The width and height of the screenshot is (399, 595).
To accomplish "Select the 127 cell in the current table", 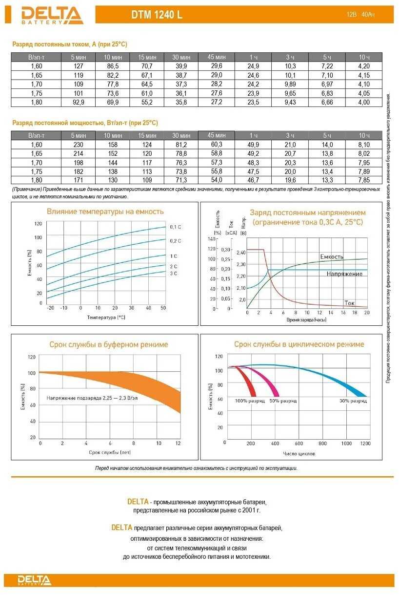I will pyautogui.click(x=79, y=66).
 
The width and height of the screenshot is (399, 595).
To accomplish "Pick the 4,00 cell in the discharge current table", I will pyautogui.click(x=364, y=103).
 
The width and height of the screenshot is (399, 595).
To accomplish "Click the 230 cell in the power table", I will pyautogui.click(x=79, y=145).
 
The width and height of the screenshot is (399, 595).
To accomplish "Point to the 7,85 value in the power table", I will pyautogui.click(x=364, y=181).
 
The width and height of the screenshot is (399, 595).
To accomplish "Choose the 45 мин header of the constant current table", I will pyautogui.click(x=217, y=57).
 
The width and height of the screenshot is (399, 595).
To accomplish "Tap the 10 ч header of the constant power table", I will pyautogui.click(x=364, y=135).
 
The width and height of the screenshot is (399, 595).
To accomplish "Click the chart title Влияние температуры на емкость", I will pyautogui.click(x=105, y=212).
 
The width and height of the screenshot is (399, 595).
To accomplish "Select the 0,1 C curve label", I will pyautogui.click(x=176, y=227).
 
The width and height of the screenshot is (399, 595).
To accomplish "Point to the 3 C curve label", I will pyautogui.click(x=174, y=274).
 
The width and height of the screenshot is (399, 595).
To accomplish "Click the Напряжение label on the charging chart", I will pyautogui.click(x=344, y=274).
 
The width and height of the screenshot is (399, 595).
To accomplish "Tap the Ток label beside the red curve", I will pyautogui.click(x=349, y=303).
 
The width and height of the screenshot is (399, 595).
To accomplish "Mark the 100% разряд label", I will pyautogui.click(x=250, y=401).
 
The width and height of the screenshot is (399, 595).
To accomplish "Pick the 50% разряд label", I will pyautogui.click(x=282, y=401).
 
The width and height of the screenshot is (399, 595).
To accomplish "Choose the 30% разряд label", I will pyautogui.click(x=353, y=401).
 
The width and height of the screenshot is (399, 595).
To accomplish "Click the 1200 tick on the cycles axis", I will pyautogui.click(x=364, y=444).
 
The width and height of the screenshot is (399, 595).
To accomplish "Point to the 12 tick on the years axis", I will pyautogui.click(x=178, y=443).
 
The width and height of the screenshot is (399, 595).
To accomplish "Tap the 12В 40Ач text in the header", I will pyautogui.click(x=360, y=15).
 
